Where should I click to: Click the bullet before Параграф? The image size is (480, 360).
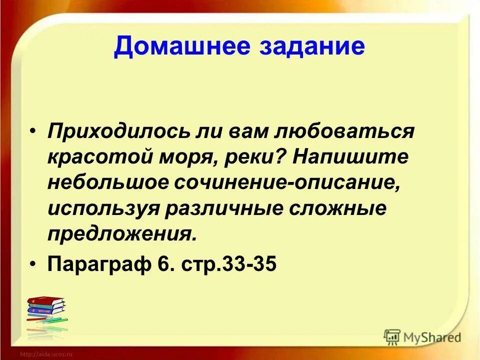pyautogui.click(x=33, y=263)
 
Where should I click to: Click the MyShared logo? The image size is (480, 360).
pyautogui.click(x=423, y=337)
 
